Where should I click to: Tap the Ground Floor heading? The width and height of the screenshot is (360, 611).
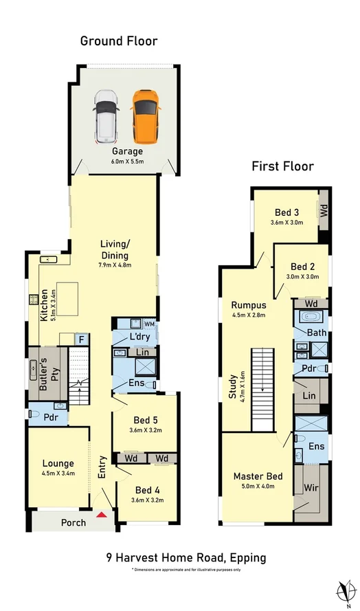click(x=119, y=41)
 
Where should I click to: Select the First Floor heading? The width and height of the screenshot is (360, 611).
click(x=282, y=166)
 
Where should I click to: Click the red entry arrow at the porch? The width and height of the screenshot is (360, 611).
click(x=102, y=514)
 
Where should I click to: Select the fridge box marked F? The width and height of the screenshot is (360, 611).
click(x=81, y=339)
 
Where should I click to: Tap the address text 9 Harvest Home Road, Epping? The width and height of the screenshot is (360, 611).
click(x=185, y=557)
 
